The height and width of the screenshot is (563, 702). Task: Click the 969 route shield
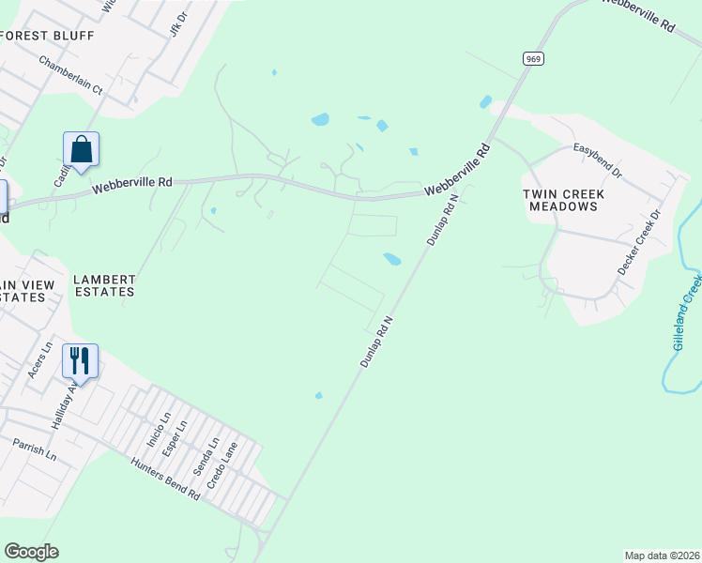[x=533, y=58]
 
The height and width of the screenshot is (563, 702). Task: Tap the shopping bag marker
[x=81, y=150]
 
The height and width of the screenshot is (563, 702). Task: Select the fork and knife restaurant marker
[x=80, y=361]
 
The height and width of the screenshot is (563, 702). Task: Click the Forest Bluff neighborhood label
[x=48, y=36]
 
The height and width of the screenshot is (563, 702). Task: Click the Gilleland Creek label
[x=686, y=312]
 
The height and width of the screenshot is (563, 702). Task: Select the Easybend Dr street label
[x=598, y=160]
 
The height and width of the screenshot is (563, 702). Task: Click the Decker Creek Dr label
[x=639, y=242]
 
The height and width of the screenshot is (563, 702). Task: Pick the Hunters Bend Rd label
[x=166, y=479]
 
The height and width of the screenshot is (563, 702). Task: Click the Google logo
[x=31, y=552]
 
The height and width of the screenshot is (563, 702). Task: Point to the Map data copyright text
[x=662, y=555]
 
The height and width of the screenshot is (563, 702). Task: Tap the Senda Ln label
[x=206, y=455]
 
